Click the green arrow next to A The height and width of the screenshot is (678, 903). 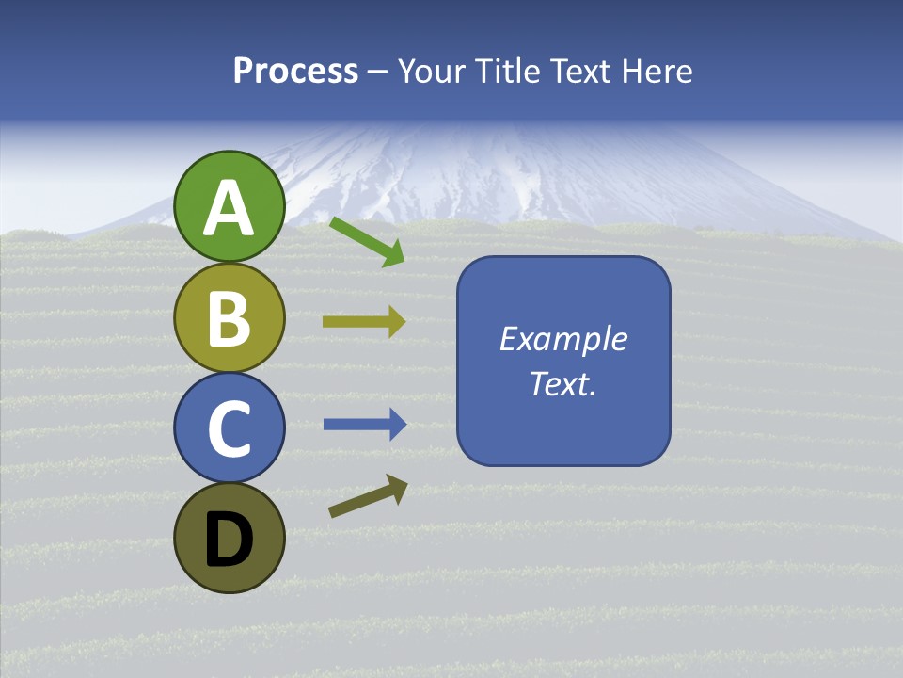click(x=367, y=241)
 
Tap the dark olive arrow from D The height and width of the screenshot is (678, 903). click(x=368, y=497)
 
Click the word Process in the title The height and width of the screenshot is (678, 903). click(x=295, y=72)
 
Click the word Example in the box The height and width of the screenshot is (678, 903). click(x=562, y=339)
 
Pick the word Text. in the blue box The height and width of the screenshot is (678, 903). click(x=562, y=383)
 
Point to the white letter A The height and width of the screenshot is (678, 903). click(x=230, y=209)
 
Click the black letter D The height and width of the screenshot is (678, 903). click(x=230, y=541)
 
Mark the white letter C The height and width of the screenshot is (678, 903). click(x=230, y=429)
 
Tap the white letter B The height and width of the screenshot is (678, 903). click(x=230, y=318)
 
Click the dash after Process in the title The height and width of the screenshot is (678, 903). click(x=378, y=72)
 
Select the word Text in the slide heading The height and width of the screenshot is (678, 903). click(x=581, y=72)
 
